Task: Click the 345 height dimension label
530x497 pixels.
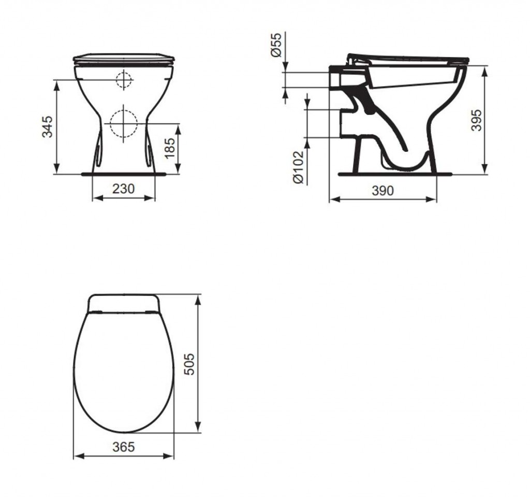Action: click(47, 127)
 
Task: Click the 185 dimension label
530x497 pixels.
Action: click(170, 148)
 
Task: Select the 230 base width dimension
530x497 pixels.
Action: click(124, 189)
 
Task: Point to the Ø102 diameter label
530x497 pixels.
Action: click(298, 167)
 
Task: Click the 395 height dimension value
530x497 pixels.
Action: click(476, 120)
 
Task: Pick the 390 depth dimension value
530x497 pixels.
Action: click(383, 191)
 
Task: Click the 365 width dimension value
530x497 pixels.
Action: click(124, 446)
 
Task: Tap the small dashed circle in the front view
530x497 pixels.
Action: click(124, 80)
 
